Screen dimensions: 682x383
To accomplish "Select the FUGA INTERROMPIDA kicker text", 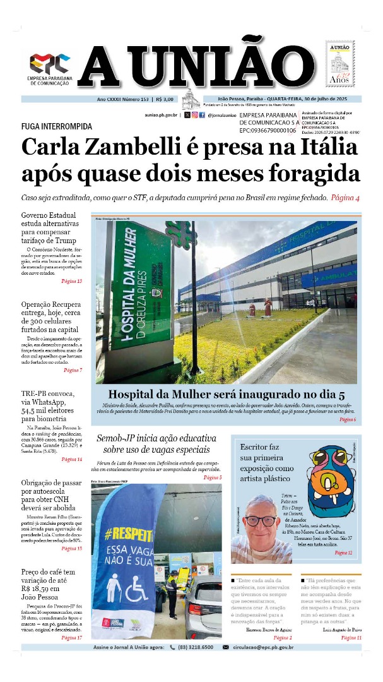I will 56,126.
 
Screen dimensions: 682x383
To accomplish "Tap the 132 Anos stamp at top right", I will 340,64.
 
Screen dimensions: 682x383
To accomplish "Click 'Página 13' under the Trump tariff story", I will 71,281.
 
